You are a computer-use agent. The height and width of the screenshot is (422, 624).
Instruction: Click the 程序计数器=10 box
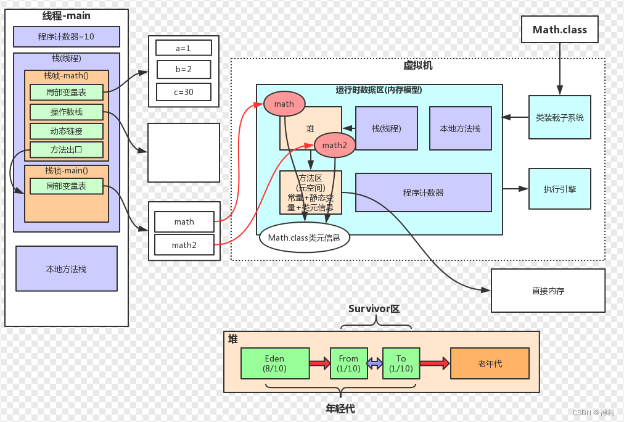tap(67, 36)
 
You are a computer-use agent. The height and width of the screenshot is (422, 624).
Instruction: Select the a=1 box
tap(184, 48)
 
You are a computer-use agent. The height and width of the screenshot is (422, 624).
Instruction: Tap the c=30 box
tap(184, 92)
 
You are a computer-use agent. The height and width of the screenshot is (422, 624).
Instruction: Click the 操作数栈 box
tap(67, 112)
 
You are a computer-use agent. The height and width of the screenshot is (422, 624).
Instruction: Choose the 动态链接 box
tap(67, 131)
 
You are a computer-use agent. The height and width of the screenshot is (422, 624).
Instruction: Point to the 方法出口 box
tap(67, 150)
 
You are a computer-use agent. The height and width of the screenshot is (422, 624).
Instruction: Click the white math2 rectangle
tap(184, 245)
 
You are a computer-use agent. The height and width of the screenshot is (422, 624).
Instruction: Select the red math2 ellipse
tap(335, 146)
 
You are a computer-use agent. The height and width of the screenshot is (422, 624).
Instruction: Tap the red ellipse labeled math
tap(284, 104)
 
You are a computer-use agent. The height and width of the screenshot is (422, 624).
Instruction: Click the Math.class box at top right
tap(560, 30)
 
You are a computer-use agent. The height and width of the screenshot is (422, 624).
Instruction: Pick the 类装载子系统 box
tap(559, 117)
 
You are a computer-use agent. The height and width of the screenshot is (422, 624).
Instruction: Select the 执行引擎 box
tap(559, 189)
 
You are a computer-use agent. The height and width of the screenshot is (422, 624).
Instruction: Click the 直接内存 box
tap(548, 290)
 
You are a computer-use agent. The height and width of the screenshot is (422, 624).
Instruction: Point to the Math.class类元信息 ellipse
tap(305, 238)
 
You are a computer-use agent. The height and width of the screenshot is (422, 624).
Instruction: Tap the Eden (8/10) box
tap(274, 363)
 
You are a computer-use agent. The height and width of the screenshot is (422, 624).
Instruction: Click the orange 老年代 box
tap(490, 363)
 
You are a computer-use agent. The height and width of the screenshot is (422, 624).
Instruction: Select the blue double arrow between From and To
tap(375, 363)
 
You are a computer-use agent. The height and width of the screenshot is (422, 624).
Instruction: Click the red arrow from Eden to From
tap(319, 363)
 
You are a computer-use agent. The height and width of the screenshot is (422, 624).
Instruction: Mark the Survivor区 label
tap(374, 308)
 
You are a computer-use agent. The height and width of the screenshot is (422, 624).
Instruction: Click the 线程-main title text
tap(67, 17)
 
